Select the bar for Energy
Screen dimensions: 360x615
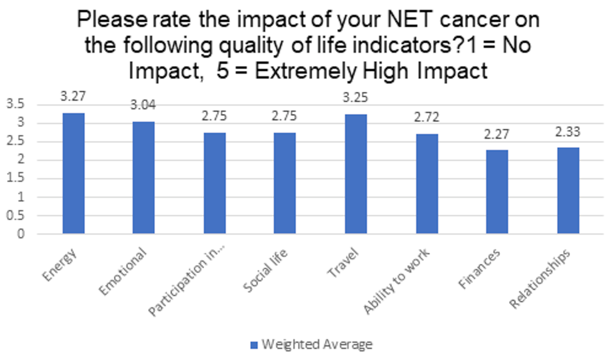point(74,173)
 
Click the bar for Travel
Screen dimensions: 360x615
point(356,174)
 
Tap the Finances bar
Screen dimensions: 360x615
point(497,191)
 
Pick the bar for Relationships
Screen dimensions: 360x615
point(568,190)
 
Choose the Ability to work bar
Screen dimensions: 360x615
point(427,183)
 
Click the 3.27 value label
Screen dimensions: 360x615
point(73,97)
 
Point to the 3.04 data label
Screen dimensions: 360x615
point(143,105)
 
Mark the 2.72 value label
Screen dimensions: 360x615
point(426,117)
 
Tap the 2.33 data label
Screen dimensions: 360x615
point(568,132)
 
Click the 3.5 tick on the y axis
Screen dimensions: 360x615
point(15,104)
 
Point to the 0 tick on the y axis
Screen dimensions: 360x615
point(20,234)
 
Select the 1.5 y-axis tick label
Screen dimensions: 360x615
point(15,178)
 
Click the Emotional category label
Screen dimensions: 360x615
point(123,272)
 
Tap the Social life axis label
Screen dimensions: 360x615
point(265,270)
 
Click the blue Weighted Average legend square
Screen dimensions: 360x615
point(254,345)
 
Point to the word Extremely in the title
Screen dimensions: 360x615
point(305,71)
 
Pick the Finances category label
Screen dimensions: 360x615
point(479,269)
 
